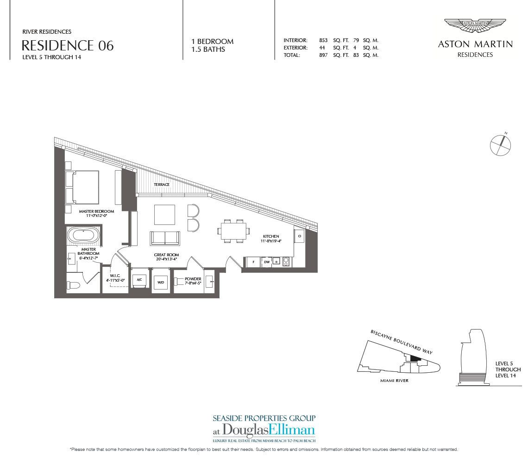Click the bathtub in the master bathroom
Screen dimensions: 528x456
tap(83, 236)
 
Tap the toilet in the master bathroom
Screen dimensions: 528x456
tap(73, 285)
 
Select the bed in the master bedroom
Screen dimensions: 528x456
tap(82, 187)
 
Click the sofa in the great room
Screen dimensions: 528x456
tap(165, 238)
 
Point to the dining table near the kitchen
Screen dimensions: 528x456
tap(234, 231)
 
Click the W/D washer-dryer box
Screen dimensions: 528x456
tap(161, 282)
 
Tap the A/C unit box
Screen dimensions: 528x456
tap(139, 279)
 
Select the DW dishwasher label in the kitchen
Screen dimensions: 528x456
tap(267, 262)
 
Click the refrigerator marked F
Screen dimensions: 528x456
tap(253, 262)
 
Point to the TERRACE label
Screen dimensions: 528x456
tap(162, 185)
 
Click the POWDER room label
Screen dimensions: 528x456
tap(193, 279)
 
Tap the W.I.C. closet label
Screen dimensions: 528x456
tap(115, 276)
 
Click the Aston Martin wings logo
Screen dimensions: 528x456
tap(475, 26)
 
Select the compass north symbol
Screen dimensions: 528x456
tap(501, 145)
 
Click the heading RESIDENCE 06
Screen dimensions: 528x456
tap(68, 45)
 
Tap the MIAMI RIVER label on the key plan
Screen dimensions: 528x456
tap(394, 381)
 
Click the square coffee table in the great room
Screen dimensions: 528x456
tap(165, 215)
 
